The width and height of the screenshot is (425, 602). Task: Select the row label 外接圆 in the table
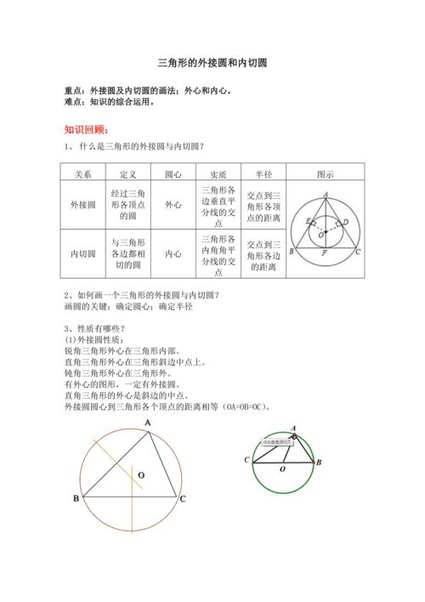(83, 205)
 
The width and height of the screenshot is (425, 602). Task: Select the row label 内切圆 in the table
(83, 253)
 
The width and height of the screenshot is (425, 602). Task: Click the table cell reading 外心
(173, 205)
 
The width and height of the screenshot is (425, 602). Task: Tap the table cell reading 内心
(173, 253)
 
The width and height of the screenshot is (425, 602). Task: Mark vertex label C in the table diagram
(358, 253)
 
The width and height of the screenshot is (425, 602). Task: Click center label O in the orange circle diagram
(141, 474)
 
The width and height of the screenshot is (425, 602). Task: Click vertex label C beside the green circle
(246, 460)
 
